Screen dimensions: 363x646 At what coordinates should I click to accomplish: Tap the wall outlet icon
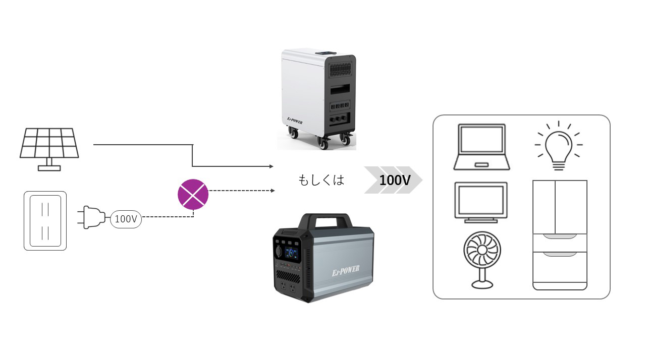(x=45, y=220)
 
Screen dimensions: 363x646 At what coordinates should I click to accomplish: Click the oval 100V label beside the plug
(x=126, y=219)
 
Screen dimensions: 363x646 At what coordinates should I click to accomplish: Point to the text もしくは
(x=321, y=180)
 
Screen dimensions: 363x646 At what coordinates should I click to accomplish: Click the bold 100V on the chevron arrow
(x=395, y=180)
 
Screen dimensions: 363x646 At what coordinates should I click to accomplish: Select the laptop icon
(x=481, y=147)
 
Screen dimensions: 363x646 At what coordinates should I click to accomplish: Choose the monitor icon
(x=481, y=202)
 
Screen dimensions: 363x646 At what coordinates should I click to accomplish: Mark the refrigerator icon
(x=560, y=235)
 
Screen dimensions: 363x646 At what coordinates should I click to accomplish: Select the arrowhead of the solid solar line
(x=271, y=166)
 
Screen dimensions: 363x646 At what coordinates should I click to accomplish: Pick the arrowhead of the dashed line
(x=273, y=191)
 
